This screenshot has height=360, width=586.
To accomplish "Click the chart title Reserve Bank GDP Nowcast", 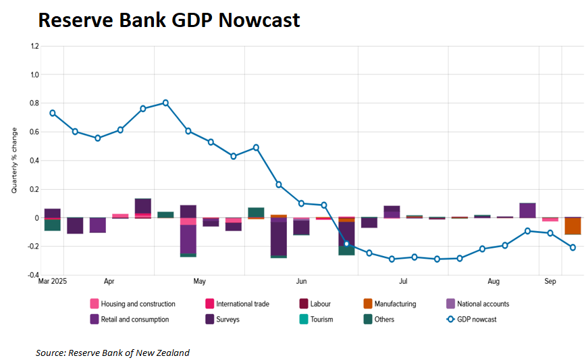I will pyautogui.click(x=169, y=20).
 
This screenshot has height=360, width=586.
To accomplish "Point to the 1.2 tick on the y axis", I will pyautogui.click(x=34, y=46).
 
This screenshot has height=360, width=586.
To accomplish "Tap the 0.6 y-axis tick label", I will pyautogui.click(x=34, y=132).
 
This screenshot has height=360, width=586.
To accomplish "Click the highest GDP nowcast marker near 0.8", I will pyautogui.click(x=165, y=103).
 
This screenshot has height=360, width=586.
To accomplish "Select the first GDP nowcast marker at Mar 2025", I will pyautogui.click(x=53, y=113).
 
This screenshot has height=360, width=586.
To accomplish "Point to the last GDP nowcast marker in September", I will pyautogui.click(x=572, y=247).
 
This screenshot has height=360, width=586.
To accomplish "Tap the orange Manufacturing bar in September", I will pyautogui.click(x=572, y=226).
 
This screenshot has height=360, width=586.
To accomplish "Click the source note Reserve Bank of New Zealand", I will pyautogui.click(x=113, y=353).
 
